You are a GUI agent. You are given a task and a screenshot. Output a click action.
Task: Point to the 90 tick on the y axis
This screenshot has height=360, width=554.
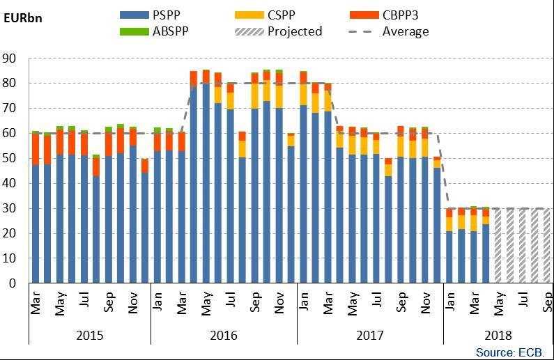pyautogui.click(x=11, y=58)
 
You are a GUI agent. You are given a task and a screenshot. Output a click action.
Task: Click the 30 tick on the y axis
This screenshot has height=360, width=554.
pyautogui.click(x=11, y=208)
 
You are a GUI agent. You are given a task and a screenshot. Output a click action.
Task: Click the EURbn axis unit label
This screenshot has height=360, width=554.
pyautogui.click(x=23, y=17)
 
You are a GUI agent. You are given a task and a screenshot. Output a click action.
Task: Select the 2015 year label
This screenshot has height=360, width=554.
pyautogui.click(x=90, y=336)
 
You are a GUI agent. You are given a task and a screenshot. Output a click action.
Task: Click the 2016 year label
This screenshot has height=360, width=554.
pyautogui.click(x=224, y=336)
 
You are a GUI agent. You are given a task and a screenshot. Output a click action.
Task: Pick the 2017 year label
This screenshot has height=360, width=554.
pyautogui.click(x=370, y=336)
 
